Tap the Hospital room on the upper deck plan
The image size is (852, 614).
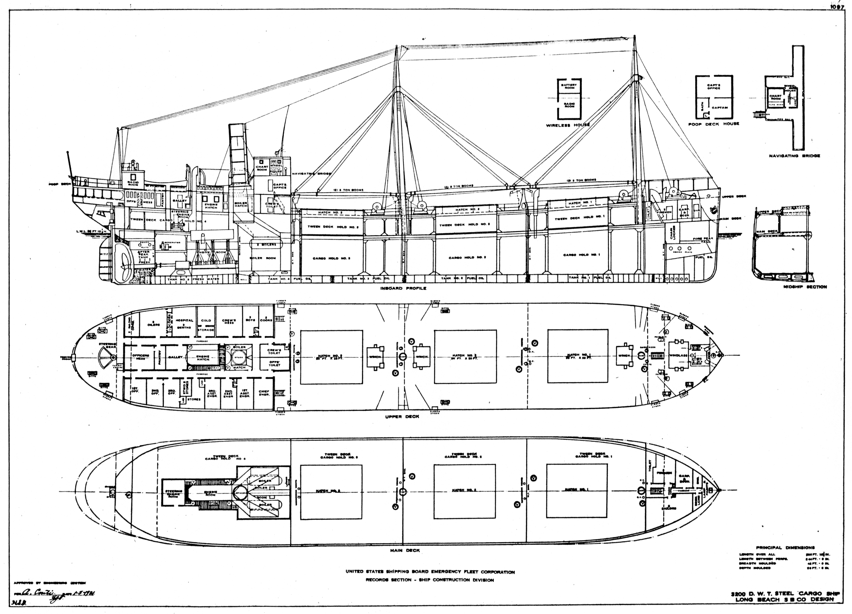pyautogui.click(x=184, y=323)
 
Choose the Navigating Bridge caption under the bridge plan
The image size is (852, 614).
pyautogui.click(x=794, y=156)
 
